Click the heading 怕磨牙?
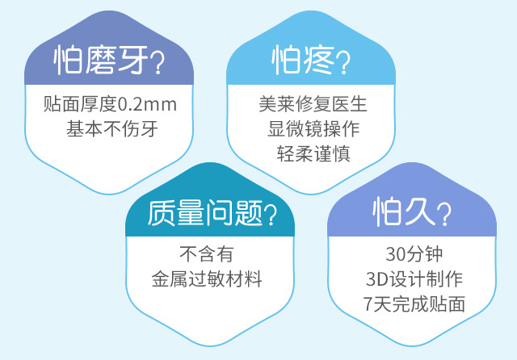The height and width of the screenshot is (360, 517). point(108,60)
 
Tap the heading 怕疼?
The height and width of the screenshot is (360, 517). point(310,61)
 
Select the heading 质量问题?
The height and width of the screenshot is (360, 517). point(212,213)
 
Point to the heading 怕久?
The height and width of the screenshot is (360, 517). point(412,211)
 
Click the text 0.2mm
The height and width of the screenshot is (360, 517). point(147,104)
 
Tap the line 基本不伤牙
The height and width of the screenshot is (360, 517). point(112,129)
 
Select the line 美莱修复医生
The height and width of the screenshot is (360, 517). point(313,104)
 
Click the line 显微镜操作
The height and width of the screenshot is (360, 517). point(313,129)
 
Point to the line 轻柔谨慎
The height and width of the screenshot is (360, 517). point(313,153)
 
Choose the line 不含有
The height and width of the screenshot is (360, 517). point(207,254)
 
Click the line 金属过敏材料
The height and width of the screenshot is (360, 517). point(207,279)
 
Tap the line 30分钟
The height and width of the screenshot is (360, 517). point(414,254)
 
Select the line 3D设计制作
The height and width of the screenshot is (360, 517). point(414,279)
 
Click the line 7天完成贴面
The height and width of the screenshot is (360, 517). point(414,304)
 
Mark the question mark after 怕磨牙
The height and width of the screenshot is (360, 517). point(157,63)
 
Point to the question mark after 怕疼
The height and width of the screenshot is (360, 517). point(343,63)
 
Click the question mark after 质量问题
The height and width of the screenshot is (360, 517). point(270,215)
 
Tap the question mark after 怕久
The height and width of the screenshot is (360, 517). point(444,215)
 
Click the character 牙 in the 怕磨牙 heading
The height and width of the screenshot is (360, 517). point(132,60)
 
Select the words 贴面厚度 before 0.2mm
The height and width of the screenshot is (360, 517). point(81,104)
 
